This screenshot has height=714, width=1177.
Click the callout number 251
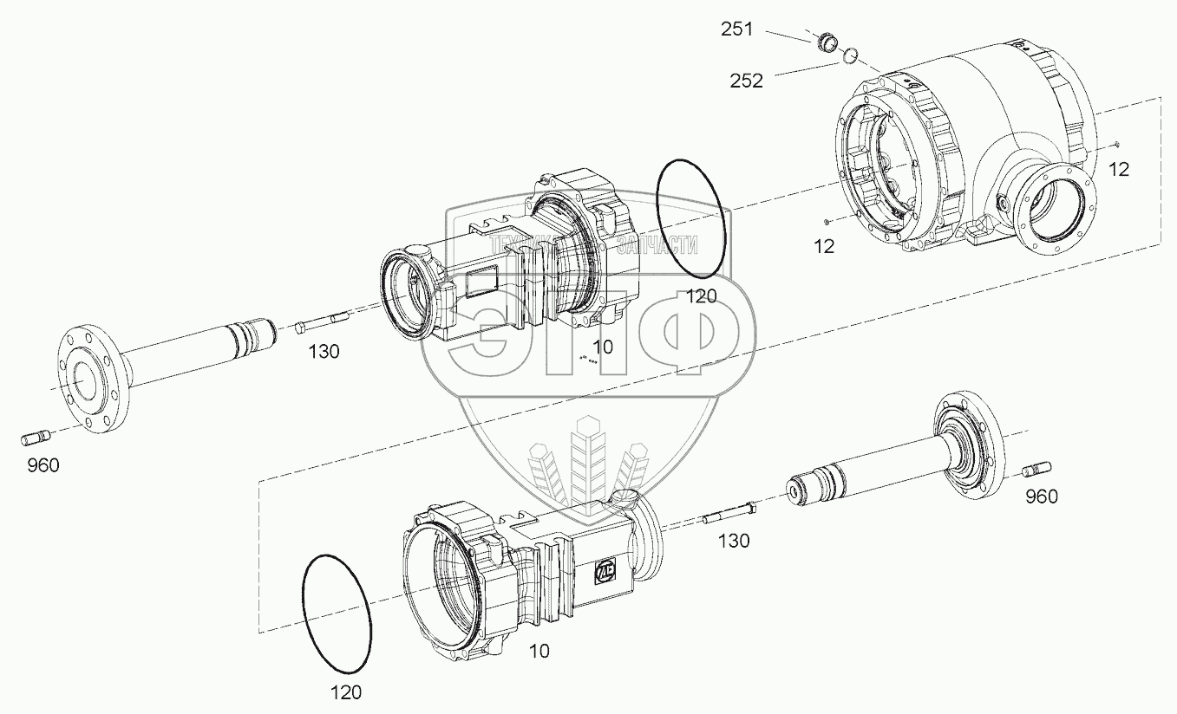738,29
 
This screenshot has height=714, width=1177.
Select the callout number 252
746,81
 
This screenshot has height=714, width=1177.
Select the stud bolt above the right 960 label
1037,470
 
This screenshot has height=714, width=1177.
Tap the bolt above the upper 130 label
321,327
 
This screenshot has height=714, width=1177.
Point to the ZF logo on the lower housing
605,573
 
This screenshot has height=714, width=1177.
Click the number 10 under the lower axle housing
539,651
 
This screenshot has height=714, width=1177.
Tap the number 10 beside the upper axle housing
603,347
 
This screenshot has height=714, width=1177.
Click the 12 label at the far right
1120,170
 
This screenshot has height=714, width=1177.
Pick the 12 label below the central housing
824,246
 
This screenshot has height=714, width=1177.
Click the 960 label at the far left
43,466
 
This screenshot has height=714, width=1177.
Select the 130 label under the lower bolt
734,542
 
